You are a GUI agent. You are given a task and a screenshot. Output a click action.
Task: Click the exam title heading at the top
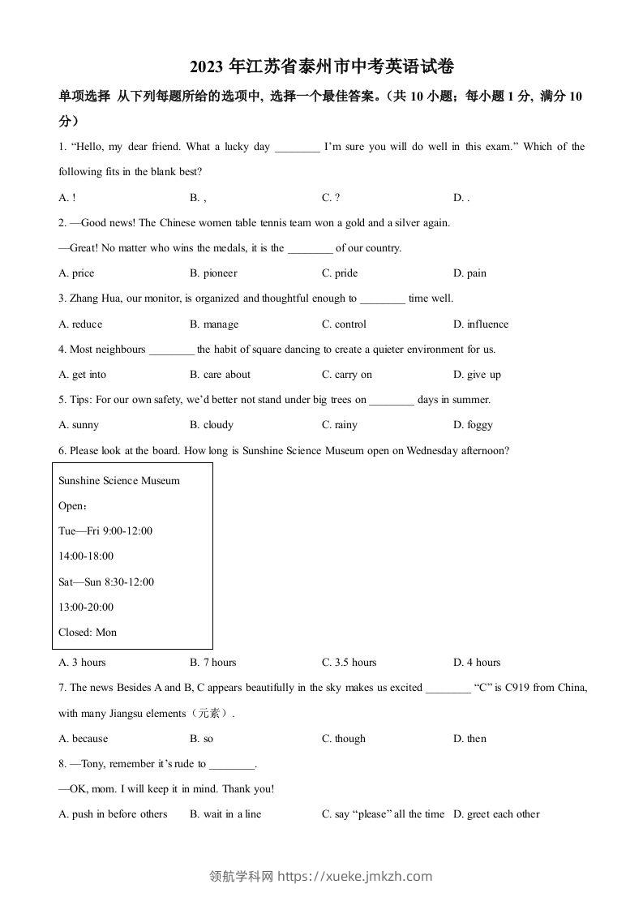click(x=321, y=68)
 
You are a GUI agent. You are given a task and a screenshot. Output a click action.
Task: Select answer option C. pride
click(x=340, y=273)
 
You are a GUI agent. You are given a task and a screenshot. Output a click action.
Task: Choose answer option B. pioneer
click(x=213, y=273)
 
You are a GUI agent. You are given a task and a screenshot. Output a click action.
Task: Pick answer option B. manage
click(x=214, y=324)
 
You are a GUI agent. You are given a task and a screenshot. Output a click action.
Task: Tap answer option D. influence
click(x=481, y=324)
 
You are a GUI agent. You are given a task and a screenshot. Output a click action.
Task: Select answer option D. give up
click(x=477, y=375)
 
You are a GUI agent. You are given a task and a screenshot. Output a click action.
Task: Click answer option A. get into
click(x=83, y=375)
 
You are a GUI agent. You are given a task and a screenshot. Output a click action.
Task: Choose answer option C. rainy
click(x=340, y=425)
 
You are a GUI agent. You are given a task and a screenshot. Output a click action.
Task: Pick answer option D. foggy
click(x=473, y=425)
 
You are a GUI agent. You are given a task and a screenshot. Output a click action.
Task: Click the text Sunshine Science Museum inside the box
click(x=119, y=481)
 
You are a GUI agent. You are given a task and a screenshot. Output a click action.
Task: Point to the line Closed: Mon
click(x=88, y=633)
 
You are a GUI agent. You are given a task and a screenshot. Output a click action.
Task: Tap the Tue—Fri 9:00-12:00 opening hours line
click(x=105, y=531)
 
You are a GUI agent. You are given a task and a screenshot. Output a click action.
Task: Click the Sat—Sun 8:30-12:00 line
click(x=106, y=582)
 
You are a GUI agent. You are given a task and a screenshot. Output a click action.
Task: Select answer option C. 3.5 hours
click(x=349, y=663)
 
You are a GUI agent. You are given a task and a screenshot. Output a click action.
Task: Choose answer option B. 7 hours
click(x=213, y=663)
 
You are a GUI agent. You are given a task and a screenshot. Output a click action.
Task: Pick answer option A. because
click(x=84, y=739)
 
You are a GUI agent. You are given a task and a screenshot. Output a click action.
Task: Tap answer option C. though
click(x=344, y=739)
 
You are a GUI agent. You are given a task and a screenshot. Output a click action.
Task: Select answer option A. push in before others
click(x=114, y=814)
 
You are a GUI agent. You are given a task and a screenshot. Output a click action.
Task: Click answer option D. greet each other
click(x=496, y=814)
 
